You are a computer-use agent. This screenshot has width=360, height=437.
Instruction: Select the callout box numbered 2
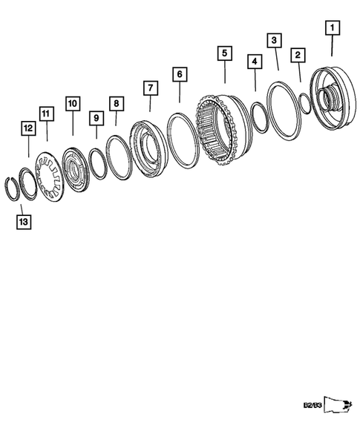coord(298,54)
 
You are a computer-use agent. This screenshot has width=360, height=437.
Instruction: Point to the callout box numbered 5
coord(223,53)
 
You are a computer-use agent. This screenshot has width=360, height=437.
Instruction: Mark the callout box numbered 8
coord(115,102)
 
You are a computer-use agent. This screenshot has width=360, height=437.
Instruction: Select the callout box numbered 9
coord(96,116)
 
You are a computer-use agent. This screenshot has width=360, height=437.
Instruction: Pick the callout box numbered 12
coord(28,128)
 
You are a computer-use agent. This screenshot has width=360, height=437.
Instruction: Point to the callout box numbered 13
coord(24,221)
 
